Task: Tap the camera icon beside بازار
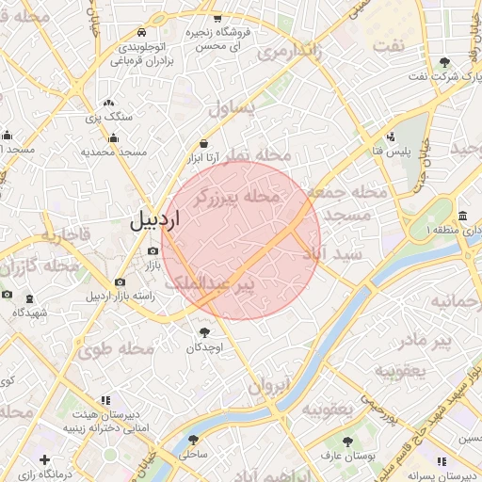(153, 250)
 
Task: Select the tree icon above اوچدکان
(204, 331)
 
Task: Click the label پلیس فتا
(390, 152)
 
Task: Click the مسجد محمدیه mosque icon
(114, 138)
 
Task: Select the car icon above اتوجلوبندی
(142, 31)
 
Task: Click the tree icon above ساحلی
(192, 440)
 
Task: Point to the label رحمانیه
(456, 301)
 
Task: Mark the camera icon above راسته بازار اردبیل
(120, 281)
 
